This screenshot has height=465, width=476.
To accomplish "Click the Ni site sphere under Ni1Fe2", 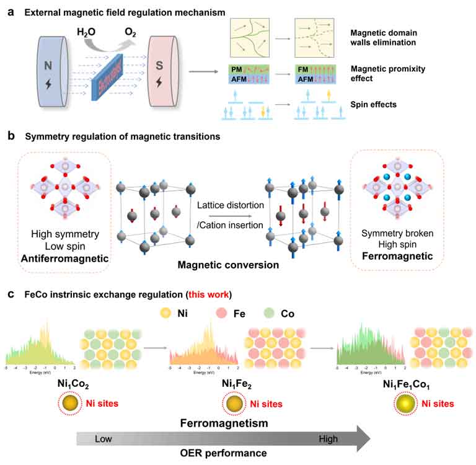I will [x=234, y=404].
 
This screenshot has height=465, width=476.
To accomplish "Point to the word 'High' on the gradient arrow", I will [x=328, y=439].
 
